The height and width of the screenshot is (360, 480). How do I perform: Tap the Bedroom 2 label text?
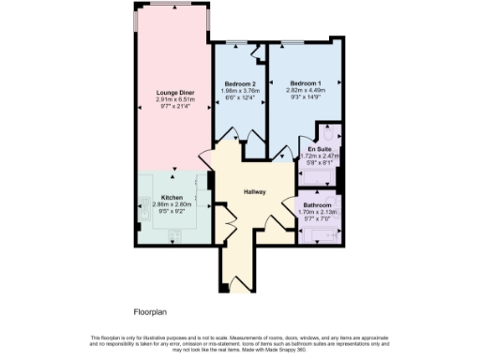coord(238,83)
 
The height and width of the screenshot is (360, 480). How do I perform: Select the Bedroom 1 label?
coord(304,83)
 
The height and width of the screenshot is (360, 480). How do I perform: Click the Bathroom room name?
coord(317,204)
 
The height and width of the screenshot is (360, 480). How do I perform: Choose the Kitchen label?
coord(172,197)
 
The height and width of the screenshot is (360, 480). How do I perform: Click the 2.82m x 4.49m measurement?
coord(304,90)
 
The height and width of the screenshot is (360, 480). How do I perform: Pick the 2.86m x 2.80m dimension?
coord(172,203)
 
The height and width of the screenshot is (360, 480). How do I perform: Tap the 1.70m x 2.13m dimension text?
coord(317,212)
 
